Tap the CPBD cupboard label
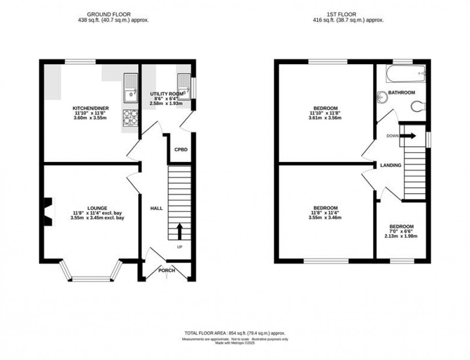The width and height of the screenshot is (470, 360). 181,150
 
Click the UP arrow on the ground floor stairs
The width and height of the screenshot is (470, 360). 180,231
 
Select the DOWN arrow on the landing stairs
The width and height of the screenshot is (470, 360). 409,136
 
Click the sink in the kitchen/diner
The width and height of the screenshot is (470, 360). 130,89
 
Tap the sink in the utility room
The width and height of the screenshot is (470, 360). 185,87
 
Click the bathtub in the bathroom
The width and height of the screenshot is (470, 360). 405,74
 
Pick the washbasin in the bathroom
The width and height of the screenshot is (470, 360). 382,97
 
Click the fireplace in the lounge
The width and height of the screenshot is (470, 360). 48,211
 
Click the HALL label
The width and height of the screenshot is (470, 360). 156,209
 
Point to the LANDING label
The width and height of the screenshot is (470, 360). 391,165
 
